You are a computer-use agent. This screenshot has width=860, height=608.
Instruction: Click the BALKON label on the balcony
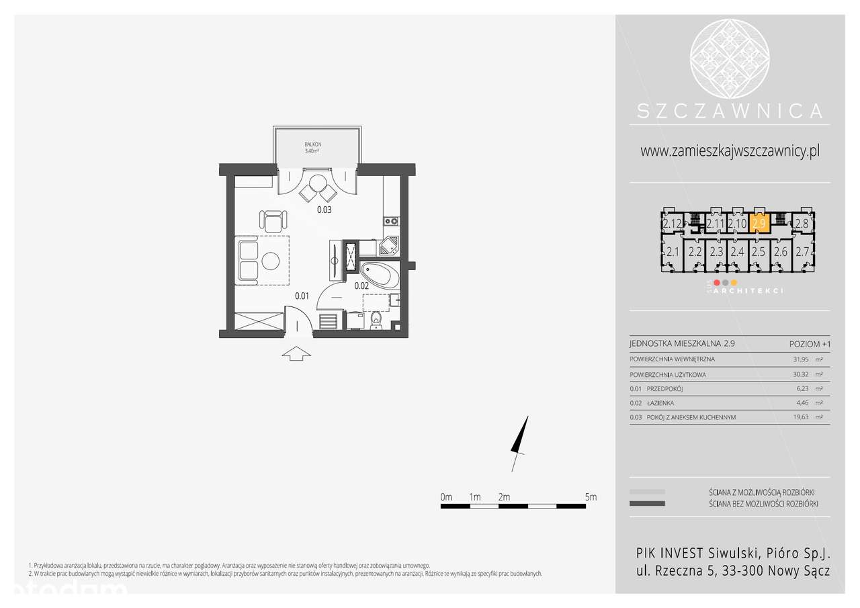[313, 144]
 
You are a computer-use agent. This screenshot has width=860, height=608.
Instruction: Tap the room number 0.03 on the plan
[325, 210]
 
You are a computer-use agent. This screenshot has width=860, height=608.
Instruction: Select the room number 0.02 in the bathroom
[362, 285]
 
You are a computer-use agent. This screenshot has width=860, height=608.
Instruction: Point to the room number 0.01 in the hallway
[302, 295]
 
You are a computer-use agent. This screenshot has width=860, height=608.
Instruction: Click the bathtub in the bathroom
[380, 275]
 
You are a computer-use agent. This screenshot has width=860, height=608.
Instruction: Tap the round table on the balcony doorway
[317, 183]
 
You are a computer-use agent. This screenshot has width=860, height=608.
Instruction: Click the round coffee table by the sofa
[271, 260]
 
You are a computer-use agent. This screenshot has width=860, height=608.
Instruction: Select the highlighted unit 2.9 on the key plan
[759, 223]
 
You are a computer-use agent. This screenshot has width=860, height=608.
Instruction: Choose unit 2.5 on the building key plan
[759, 253]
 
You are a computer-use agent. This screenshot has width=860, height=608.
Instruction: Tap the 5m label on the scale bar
[591, 497]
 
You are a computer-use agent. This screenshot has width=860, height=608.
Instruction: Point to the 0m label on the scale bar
[446, 497]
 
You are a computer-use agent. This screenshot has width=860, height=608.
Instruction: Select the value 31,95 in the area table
[802, 359]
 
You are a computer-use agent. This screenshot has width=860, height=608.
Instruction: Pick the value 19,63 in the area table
[802, 417]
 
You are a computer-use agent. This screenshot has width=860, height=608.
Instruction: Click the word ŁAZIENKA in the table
[661, 403]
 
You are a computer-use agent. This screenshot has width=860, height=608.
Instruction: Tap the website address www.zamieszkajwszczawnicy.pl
[730, 151]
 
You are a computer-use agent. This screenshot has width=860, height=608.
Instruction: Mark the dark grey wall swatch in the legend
[647, 503]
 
